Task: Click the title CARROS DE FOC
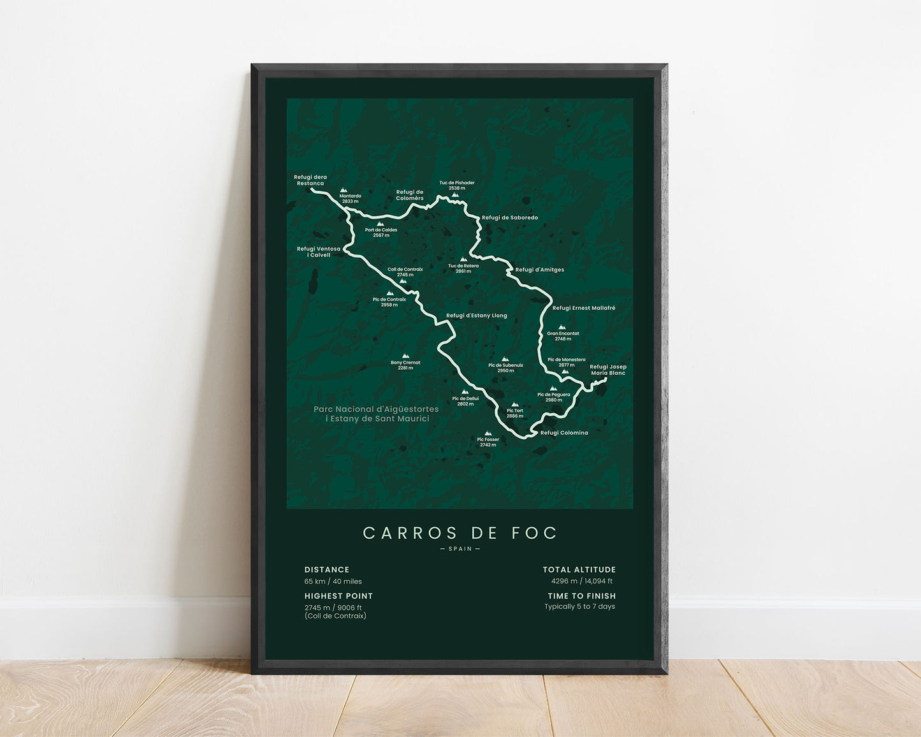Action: coord(460,533)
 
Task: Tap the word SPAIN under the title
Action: coord(460,549)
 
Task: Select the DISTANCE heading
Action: coord(327,570)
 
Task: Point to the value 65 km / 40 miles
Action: coord(333,581)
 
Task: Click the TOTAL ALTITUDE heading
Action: coord(579,570)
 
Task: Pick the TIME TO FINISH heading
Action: coord(582,596)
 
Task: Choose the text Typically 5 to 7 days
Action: coord(579,607)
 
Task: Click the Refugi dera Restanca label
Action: coord(310,180)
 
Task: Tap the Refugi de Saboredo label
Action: coord(510,218)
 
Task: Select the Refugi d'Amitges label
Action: coord(540,270)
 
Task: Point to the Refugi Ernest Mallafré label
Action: coord(584,309)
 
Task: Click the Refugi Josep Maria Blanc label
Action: coord(608,370)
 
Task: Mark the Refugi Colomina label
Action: coord(564,433)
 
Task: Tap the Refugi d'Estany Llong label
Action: coord(477,316)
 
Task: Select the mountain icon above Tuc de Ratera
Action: coord(463,259)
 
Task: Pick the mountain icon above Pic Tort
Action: coord(514,404)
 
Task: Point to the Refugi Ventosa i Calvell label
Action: coord(319,252)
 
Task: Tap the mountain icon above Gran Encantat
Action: coord(562,327)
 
